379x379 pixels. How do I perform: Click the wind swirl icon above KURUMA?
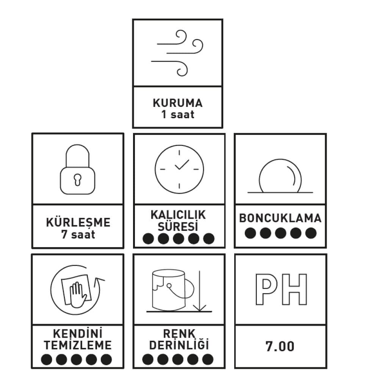click(177, 52)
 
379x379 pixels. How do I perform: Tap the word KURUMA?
click(177, 103)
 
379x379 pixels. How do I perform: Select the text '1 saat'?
click(177, 114)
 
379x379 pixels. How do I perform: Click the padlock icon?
click(78, 170)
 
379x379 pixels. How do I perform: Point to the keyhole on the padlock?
click(78, 179)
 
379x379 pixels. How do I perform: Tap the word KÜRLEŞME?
click(78, 222)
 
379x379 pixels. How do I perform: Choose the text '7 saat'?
click(78, 234)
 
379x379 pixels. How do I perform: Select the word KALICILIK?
click(178, 215)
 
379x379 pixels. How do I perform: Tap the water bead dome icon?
click(280, 177)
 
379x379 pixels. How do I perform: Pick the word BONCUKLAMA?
click(280, 218)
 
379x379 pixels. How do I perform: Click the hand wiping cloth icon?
click(77, 290)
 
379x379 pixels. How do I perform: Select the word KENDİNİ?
click(78, 334)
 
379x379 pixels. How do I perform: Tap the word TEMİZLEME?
click(78, 345)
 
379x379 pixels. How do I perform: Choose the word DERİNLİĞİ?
click(179, 345)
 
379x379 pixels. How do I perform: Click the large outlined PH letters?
click(280, 289)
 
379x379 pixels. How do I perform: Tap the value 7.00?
click(280, 346)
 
